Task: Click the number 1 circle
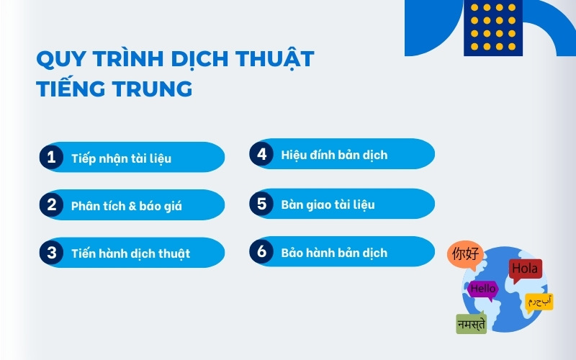[x=51, y=157]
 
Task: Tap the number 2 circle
[x=51, y=205]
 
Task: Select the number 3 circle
[x=51, y=253]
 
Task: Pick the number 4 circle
[x=261, y=154]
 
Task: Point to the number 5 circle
[x=261, y=204]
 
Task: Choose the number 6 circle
[x=261, y=251]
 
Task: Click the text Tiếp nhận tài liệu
[x=121, y=158]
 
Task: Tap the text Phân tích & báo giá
[x=126, y=206]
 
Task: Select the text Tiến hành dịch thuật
[x=130, y=253]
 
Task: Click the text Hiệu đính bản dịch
[x=334, y=155]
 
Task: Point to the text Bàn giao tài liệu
[x=328, y=204]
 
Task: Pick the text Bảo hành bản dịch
[x=334, y=252]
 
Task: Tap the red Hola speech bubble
[x=525, y=270]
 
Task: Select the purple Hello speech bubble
[x=482, y=289]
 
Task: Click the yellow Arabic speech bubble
[x=539, y=301]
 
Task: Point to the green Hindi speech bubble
[x=471, y=324]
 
